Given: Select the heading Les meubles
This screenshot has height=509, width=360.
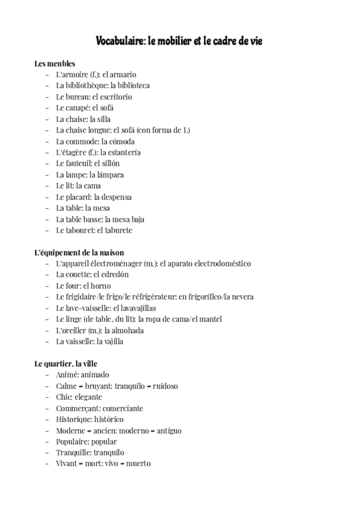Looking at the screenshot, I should point(55,63).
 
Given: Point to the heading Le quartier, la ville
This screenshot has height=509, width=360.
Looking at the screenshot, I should point(66,364).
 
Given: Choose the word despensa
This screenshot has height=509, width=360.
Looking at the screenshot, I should point(116,197).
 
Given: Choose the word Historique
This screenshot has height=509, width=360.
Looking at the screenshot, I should point(74,420).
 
